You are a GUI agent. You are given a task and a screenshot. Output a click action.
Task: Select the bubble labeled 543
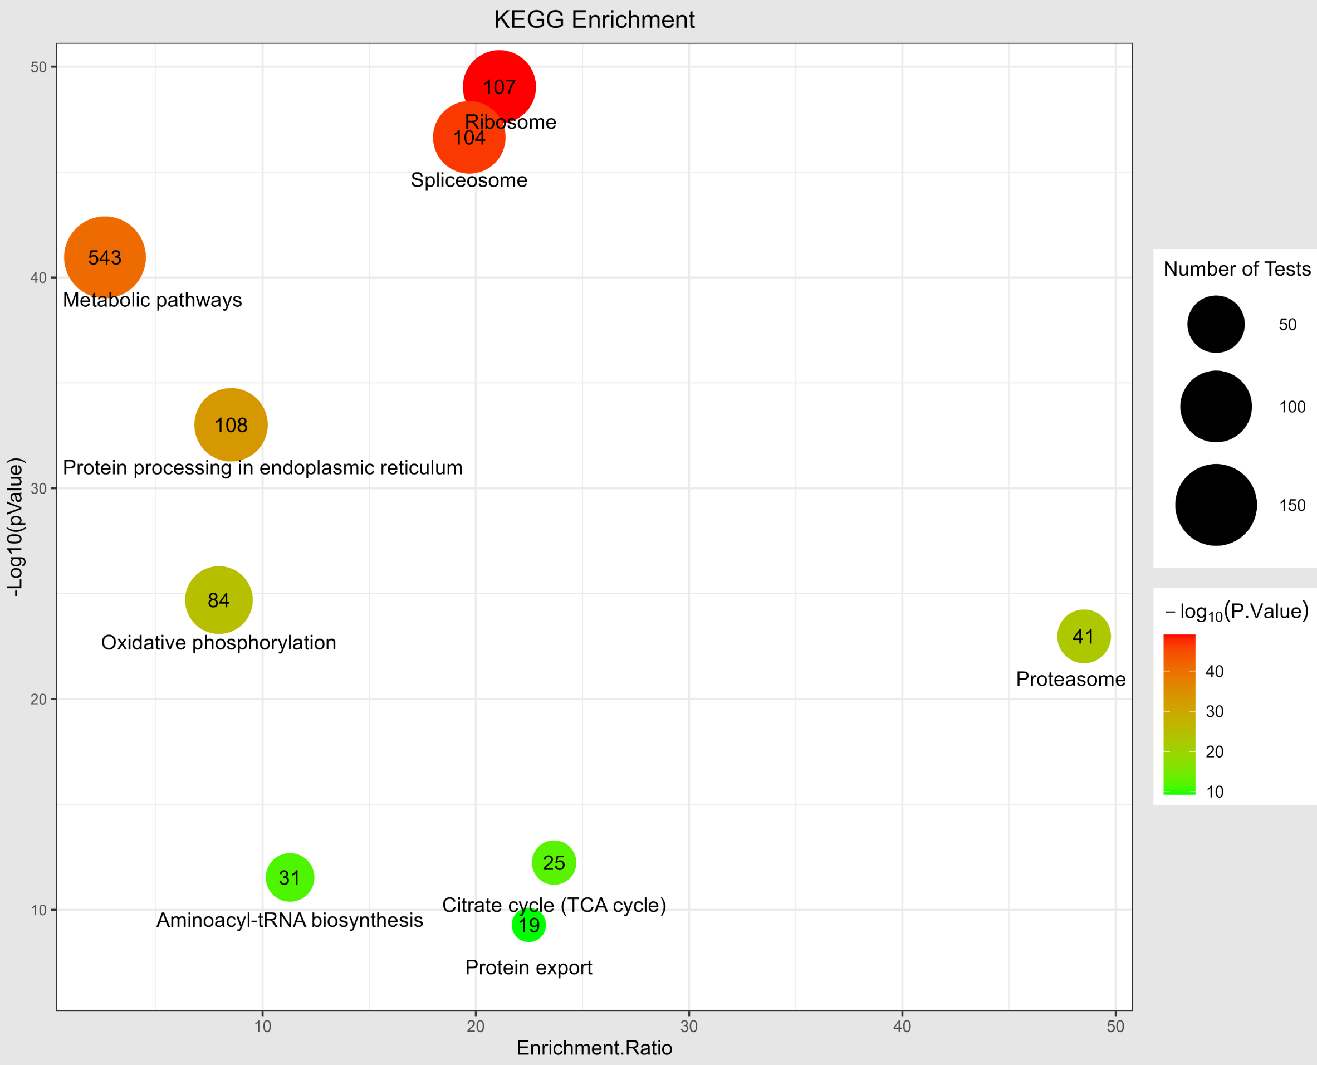tap(105, 257)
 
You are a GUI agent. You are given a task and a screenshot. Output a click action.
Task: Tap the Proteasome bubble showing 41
tap(1084, 636)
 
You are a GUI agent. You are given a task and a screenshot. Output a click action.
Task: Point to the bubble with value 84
tap(218, 600)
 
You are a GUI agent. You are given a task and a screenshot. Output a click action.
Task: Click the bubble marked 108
tap(231, 424)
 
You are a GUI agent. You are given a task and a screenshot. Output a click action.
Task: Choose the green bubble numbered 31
tap(290, 878)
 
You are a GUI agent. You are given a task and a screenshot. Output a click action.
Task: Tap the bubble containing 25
tap(554, 863)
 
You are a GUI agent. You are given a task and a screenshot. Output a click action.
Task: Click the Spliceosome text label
tap(469, 180)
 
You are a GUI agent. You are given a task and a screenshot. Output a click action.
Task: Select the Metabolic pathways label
tap(152, 300)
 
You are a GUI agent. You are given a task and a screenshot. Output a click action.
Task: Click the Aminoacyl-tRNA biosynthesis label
tap(290, 920)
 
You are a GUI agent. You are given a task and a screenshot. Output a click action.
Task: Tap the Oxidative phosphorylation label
tap(218, 642)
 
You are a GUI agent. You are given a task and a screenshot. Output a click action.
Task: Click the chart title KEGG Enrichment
tap(594, 19)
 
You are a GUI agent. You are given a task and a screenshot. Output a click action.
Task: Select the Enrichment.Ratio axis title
tap(594, 1048)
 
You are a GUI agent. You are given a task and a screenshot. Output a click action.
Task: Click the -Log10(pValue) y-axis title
tap(14, 527)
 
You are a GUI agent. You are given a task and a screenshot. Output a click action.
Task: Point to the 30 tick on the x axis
tap(689, 1027)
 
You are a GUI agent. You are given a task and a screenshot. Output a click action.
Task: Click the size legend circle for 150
tap(1216, 505)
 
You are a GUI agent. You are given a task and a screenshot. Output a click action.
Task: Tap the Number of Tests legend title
tap(1237, 268)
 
